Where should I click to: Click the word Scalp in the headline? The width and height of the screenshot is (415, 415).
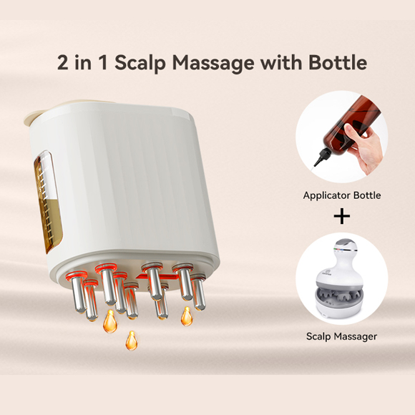140,63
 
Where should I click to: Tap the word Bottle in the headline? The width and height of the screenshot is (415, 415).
338,62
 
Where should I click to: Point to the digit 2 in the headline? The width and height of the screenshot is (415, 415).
63,63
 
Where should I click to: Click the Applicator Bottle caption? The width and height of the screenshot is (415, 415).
342,195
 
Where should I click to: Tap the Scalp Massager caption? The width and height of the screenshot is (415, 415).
341,337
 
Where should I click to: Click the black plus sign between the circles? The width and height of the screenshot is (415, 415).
342,216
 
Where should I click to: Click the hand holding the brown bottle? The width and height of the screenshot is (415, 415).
363,147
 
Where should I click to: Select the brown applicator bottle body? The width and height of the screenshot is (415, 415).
349,125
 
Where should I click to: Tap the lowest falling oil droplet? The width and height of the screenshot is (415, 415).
131,341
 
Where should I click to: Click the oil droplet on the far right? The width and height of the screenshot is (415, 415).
187,316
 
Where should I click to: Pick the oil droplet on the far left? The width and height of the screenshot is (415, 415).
110,321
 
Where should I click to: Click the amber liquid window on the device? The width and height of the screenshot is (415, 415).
47,202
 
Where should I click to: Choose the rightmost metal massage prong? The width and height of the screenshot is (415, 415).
198,292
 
